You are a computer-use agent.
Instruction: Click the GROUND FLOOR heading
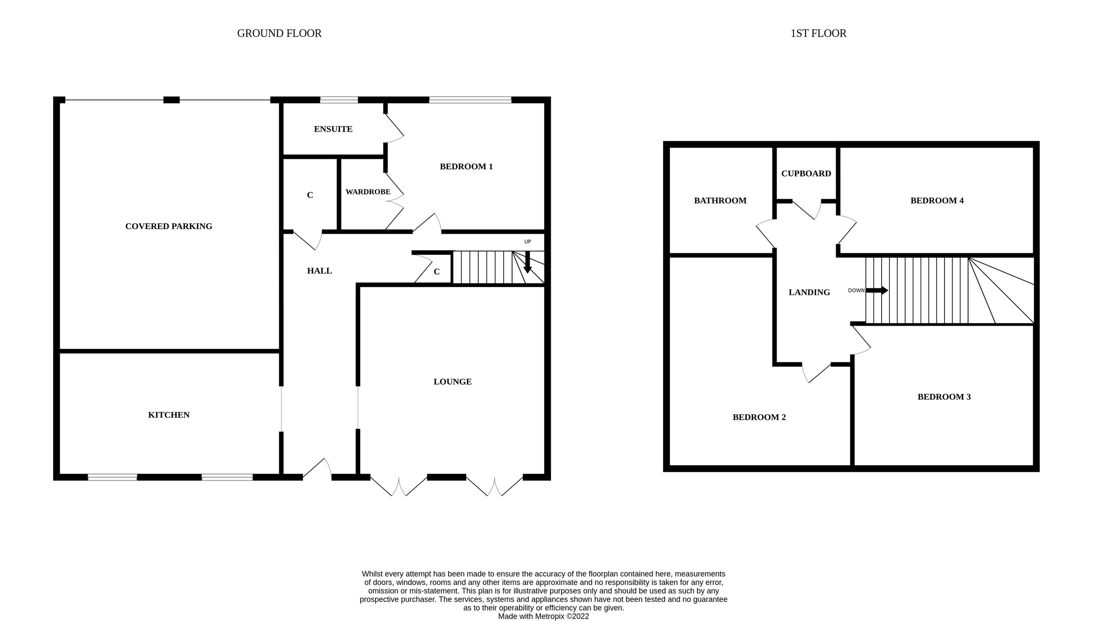click(x=279, y=33)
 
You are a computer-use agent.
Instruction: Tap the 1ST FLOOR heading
click(x=818, y=33)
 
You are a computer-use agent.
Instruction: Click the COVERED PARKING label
click(x=169, y=226)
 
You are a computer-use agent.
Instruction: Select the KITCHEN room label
click(x=169, y=415)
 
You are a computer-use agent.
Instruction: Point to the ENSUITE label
click(x=333, y=129)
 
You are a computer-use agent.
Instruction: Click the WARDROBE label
click(x=368, y=192)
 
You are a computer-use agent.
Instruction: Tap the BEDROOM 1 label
click(x=466, y=166)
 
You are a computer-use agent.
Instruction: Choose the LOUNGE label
click(x=452, y=381)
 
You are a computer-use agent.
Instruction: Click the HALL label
click(x=319, y=271)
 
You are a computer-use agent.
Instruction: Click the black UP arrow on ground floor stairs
click(x=527, y=263)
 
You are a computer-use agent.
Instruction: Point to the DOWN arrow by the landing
click(x=877, y=290)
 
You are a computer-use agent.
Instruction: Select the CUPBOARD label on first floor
click(x=806, y=173)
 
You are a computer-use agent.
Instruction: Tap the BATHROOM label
click(x=720, y=200)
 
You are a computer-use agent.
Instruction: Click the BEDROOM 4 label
click(x=937, y=200)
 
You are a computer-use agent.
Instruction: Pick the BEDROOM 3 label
click(x=944, y=397)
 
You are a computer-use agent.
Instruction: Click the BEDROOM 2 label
click(x=759, y=417)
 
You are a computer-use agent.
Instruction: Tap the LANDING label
click(x=809, y=292)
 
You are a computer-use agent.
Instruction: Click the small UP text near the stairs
click(x=527, y=241)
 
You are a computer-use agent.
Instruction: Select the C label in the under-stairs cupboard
click(x=436, y=272)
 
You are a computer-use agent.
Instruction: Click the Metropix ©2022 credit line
click(x=543, y=616)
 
